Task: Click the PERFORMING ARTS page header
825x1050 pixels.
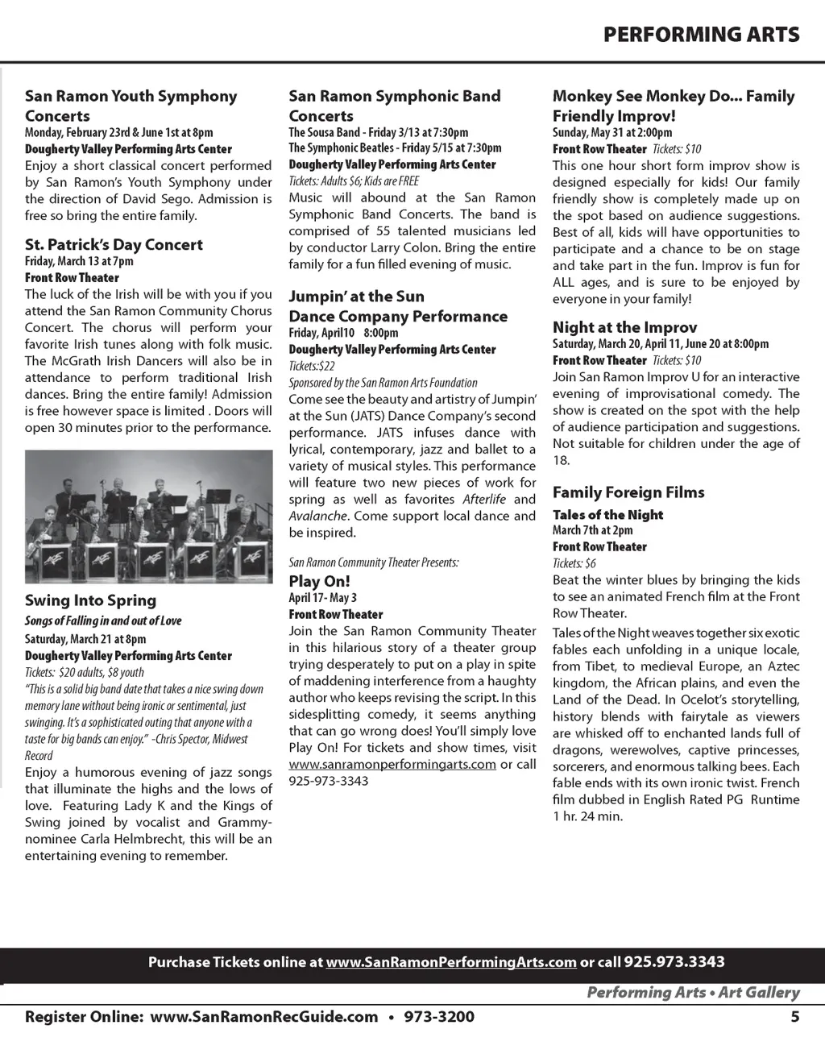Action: pos(701,35)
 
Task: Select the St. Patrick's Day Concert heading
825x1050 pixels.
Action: pos(114,245)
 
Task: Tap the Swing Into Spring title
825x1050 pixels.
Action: pos(90,600)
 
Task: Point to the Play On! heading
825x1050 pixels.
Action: pos(319,581)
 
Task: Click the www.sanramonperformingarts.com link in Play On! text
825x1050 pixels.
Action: pos(392,765)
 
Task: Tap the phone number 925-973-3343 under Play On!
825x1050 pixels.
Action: pos(329,781)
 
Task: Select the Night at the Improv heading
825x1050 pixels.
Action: pos(624,327)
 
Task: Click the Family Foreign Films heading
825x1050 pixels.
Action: pos(628,492)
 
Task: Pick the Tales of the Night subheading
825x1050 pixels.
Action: pos(607,515)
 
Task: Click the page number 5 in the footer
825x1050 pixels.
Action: pos(794,1017)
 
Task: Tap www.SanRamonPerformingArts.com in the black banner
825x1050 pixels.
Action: pos(451,962)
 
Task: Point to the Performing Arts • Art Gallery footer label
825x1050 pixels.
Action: pos(693,993)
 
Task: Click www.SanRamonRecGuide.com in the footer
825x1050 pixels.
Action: pos(264,1017)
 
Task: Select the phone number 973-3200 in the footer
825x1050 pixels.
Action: pos(438,1017)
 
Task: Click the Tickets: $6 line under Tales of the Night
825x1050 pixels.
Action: pos(574,563)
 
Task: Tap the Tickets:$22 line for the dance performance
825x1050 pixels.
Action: pos(312,366)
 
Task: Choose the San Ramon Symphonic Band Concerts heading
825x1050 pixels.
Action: pos(395,106)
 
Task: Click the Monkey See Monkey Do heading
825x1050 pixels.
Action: pos(674,106)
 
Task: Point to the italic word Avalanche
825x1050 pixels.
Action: pos(318,516)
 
